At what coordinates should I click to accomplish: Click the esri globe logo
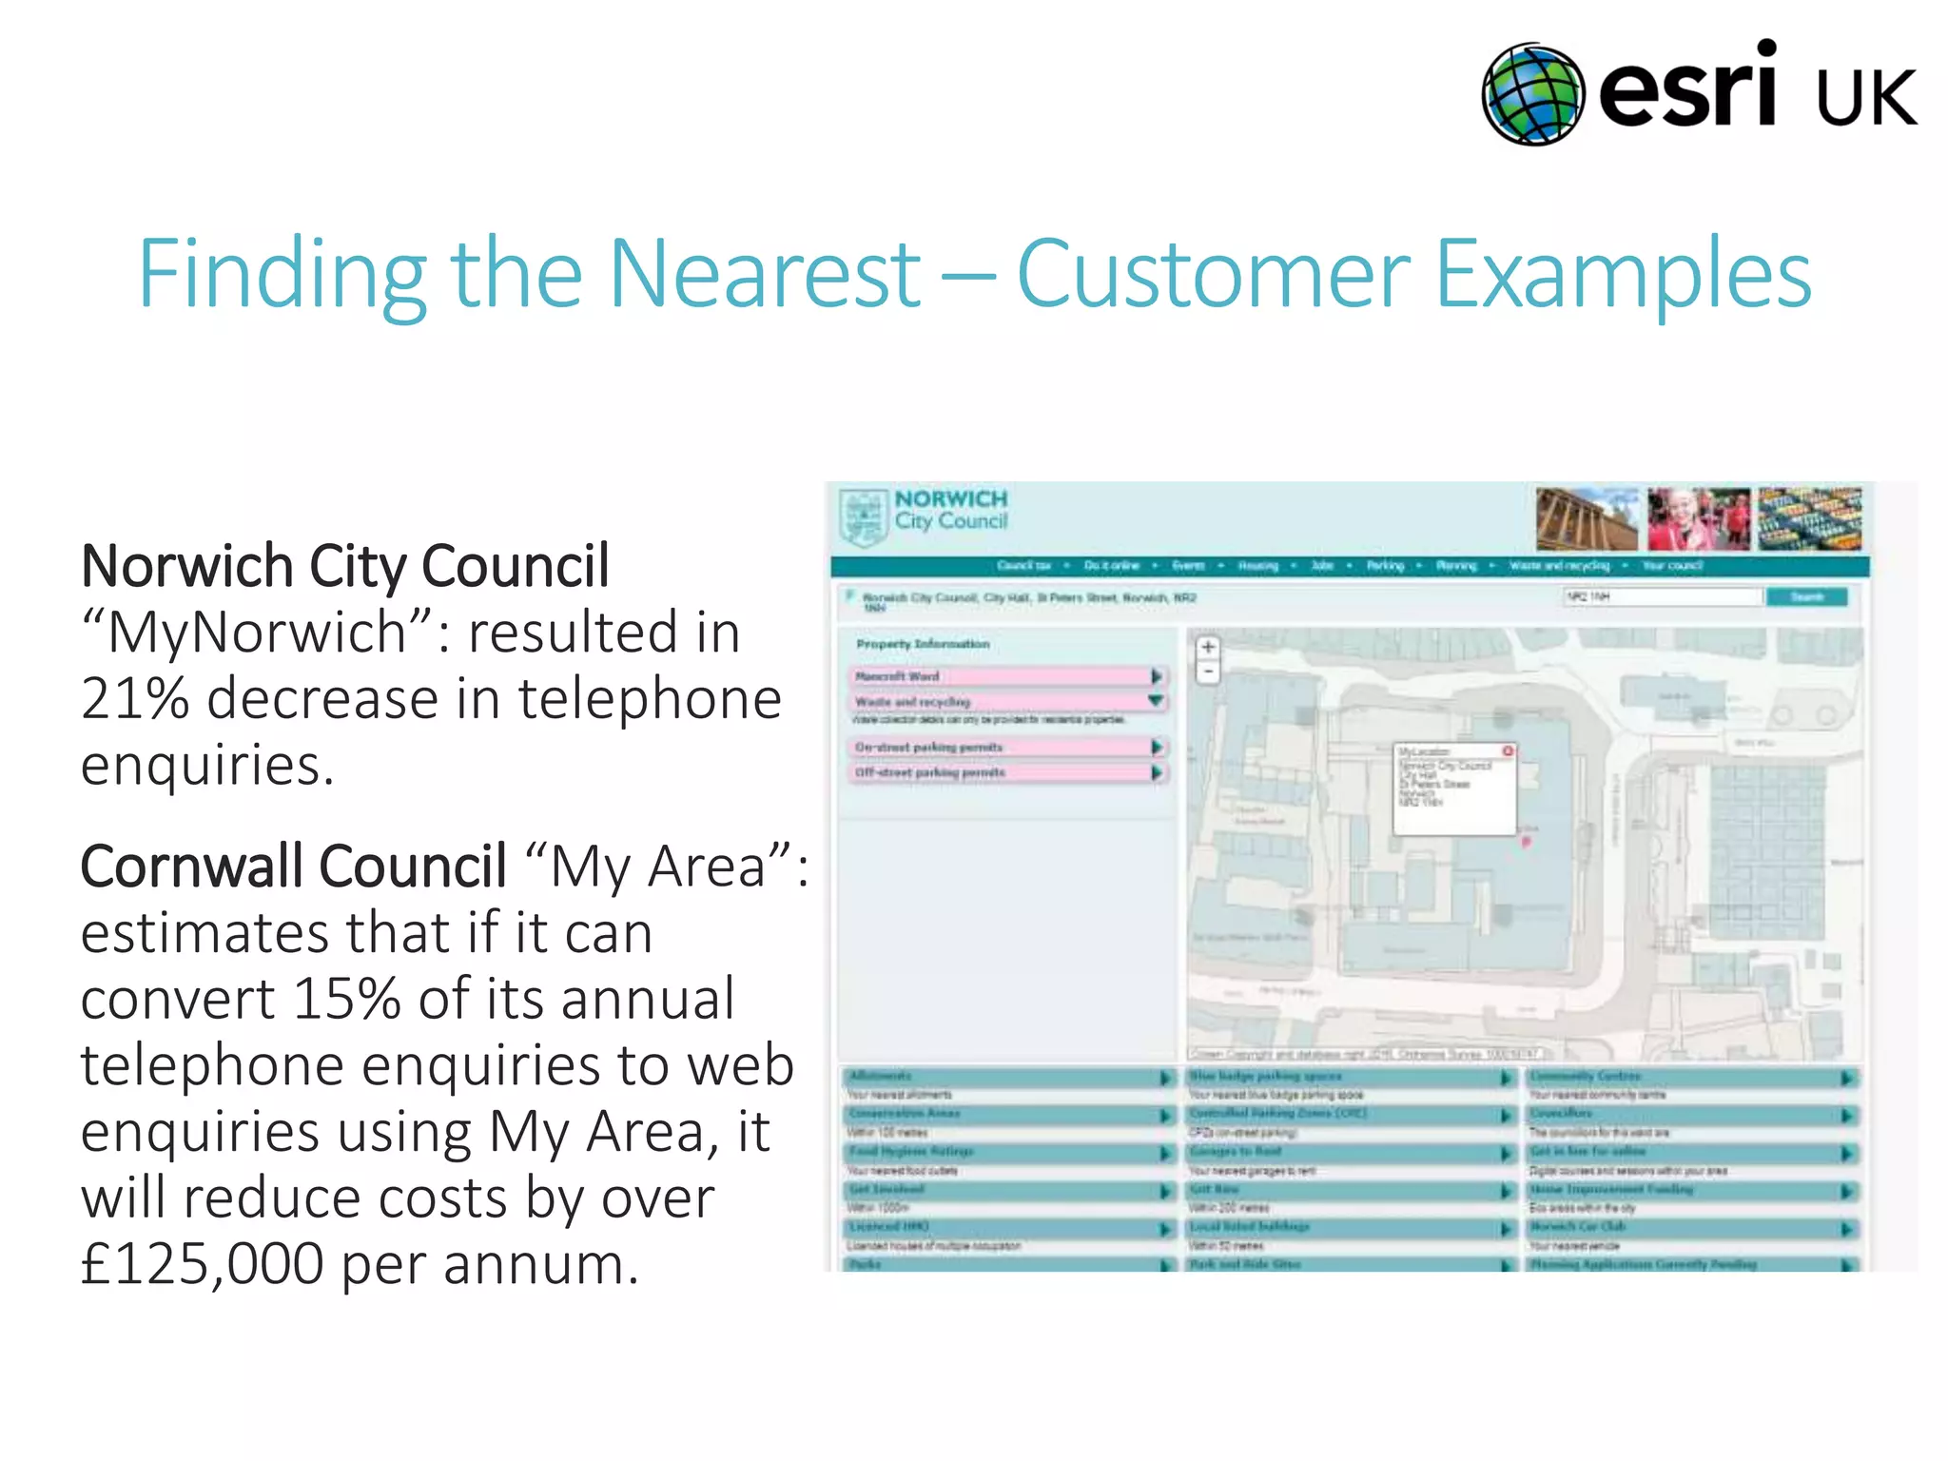tap(1532, 94)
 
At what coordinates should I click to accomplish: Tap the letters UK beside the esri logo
tap(1865, 98)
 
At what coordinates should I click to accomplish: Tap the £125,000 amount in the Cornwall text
tap(202, 1265)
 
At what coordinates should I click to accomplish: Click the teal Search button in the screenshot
tap(1806, 596)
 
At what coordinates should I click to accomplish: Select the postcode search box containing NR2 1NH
tap(1662, 596)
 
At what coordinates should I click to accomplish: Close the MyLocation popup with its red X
tap(1507, 751)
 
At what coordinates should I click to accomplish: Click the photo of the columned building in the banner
tap(1587, 518)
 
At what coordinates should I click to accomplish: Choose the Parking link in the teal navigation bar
tap(1385, 566)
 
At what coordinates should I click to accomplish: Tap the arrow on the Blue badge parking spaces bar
tap(1506, 1078)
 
